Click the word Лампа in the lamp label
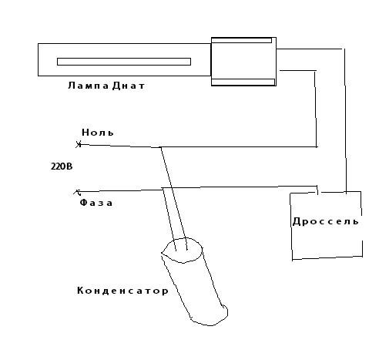[x=89, y=86]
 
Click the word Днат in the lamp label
[x=129, y=86]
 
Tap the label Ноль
[x=98, y=133]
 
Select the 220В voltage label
[x=62, y=167]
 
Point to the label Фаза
[x=96, y=203]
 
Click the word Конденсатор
[x=122, y=291]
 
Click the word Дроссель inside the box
[x=326, y=221]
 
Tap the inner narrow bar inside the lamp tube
[x=124, y=62]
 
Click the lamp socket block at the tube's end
[x=243, y=62]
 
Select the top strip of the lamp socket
[x=241, y=40]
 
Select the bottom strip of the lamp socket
[x=243, y=82]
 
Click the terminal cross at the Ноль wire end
[x=79, y=144]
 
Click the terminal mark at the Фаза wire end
[x=77, y=192]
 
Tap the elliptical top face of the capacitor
[x=181, y=250]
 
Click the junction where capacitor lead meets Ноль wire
[x=160, y=147]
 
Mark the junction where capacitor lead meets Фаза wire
[x=163, y=188]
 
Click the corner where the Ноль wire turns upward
[x=317, y=146]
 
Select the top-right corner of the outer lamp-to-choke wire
[x=344, y=49]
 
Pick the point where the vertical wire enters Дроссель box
[x=346, y=192]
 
